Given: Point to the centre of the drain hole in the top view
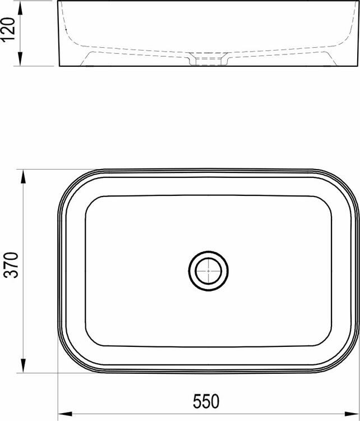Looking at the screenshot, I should pyautogui.click(x=208, y=271).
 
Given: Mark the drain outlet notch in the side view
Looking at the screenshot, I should pyautogui.click(x=208, y=59).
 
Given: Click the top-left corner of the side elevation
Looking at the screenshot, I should pyautogui.click(x=59, y=2).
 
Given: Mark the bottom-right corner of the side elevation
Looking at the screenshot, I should pyautogui.click(x=357, y=66).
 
